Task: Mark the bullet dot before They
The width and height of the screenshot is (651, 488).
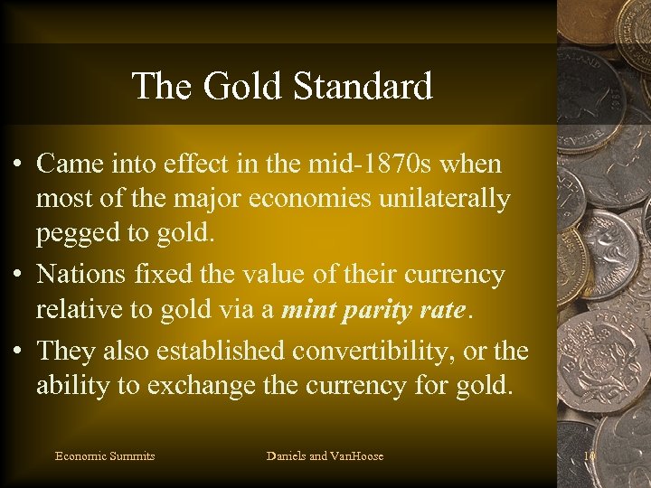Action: click(18, 351)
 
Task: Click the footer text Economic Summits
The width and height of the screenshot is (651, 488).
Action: click(105, 456)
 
